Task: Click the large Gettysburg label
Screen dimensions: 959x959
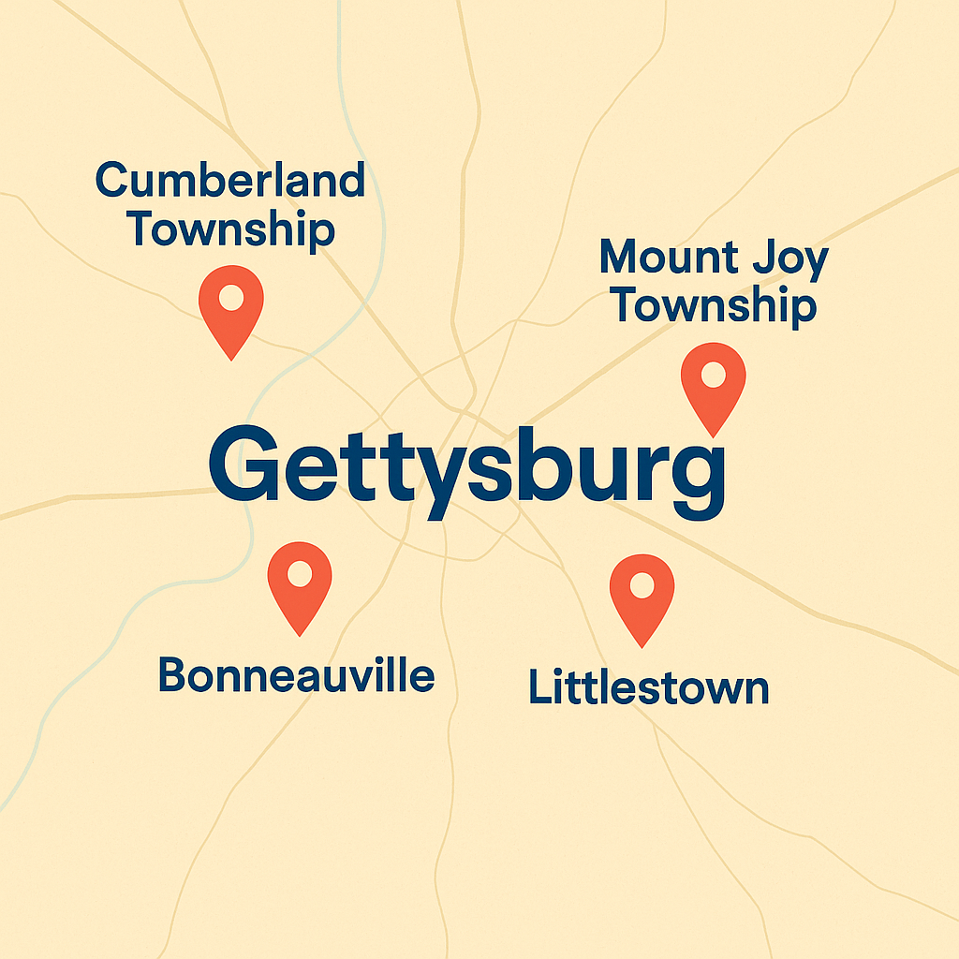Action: click(466, 473)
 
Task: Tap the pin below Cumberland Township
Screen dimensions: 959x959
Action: click(231, 309)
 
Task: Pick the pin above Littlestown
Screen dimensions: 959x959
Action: click(642, 596)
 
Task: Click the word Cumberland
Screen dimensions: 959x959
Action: click(230, 180)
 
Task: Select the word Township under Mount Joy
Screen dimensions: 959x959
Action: click(713, 306)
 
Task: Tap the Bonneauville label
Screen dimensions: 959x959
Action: click(296, 674)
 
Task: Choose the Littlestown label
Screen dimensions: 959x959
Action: click(648, 687)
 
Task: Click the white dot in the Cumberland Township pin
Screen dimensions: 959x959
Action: click(231, 298)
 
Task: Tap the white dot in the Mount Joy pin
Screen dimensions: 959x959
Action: click(714, 376)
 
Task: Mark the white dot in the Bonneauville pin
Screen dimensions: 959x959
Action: click(300, 573)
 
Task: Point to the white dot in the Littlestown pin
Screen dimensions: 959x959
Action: click(642, 585)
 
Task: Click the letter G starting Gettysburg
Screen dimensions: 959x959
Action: click(242, 465)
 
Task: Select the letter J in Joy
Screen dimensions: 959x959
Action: click(761, 258)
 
